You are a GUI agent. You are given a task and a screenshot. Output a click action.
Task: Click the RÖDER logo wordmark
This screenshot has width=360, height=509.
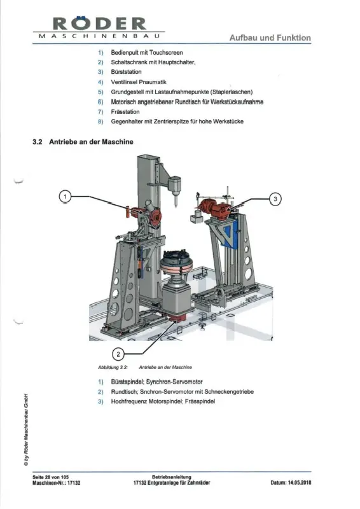click(99, 24)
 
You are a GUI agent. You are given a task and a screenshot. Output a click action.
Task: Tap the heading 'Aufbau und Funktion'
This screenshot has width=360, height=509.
click(270, 38)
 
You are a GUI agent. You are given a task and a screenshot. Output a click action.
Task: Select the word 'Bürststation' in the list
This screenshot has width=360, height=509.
click(127, 72)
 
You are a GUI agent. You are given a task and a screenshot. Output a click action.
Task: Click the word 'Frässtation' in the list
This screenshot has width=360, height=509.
click(125, 112)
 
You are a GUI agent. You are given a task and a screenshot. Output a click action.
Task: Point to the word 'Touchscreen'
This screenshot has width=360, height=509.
click(166, 53)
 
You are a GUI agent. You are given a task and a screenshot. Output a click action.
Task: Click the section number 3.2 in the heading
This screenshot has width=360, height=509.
click(38, 142)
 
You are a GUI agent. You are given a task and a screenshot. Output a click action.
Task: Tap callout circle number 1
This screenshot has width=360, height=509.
click(66, 197)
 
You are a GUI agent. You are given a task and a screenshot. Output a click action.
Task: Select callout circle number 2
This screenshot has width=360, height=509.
click(118, 354)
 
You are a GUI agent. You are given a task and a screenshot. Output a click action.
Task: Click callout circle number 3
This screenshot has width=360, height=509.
click(275, 199)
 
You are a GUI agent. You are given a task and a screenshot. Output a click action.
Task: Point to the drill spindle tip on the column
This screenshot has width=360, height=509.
click(176, 206)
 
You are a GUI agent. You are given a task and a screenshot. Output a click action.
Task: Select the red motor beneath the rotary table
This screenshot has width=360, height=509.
click(177, 317)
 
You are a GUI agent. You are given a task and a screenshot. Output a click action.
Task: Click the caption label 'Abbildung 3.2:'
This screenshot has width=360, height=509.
click(113, 368)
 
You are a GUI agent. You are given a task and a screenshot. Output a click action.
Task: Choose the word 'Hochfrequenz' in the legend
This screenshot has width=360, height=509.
click(129, 401)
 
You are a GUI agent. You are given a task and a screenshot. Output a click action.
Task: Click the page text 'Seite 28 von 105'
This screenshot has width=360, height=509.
click(51, 477)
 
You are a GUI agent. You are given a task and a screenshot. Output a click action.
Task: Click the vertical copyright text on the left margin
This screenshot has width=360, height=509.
click(26, 430)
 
